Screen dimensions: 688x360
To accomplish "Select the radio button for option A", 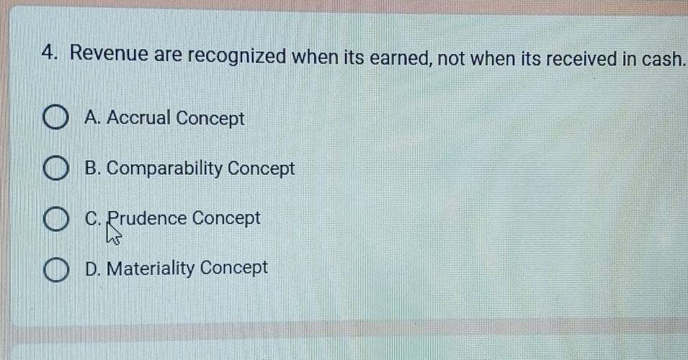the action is coord(55,117).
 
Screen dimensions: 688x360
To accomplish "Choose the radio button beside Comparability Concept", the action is coord(55,168).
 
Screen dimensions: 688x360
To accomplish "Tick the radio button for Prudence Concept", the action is coord(55,220).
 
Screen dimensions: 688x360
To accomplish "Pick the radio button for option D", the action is coord(55,270).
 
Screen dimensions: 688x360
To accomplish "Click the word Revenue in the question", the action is coord(109,53).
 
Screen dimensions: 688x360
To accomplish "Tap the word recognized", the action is coord(237,56).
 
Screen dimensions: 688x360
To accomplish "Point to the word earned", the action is coord(401,58).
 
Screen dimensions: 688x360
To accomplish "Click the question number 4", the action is coord(49,53).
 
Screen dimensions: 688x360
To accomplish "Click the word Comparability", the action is coord(164,168).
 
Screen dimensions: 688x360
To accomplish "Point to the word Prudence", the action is coord(147,218).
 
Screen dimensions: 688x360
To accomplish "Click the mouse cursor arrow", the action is coord(114,233).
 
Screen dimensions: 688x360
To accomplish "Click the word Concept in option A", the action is coord(210,118).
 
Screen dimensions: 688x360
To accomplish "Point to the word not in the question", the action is coord(452,58).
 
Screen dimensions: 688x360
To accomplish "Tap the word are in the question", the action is coord(168,55).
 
